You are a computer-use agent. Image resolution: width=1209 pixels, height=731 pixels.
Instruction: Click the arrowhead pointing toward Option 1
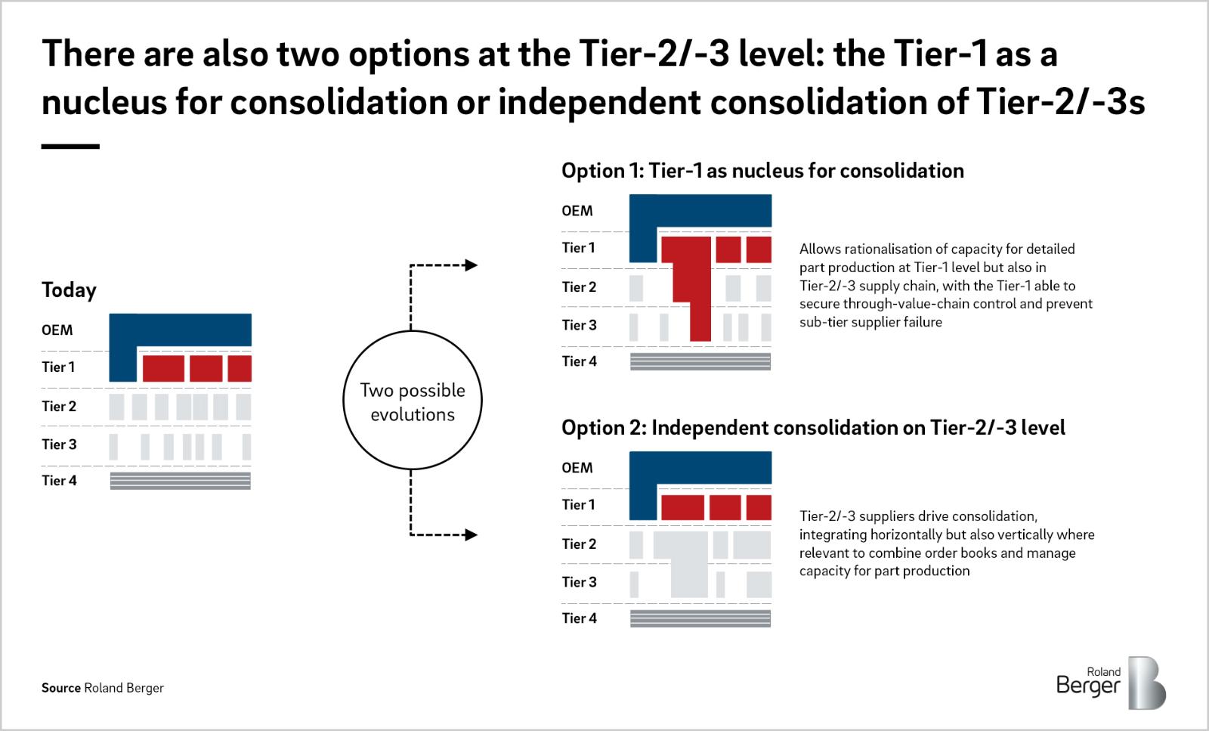[472, 265]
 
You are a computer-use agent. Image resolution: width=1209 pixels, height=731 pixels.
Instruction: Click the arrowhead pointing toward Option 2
[472, 534]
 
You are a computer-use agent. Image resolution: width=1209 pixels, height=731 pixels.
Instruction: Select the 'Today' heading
[69, 290]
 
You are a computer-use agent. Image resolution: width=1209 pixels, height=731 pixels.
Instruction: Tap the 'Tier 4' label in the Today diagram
[60, 481]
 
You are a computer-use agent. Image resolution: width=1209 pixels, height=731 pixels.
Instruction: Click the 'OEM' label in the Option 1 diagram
[577, 211]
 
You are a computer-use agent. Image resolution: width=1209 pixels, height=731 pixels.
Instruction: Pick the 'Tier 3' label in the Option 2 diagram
[579, 582]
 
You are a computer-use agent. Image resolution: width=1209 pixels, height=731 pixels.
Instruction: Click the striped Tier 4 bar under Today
[181, 481]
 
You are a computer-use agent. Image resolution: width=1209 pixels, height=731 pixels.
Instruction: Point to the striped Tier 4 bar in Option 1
[700, 361]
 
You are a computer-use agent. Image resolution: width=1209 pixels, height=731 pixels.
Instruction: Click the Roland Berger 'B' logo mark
[1147, 683]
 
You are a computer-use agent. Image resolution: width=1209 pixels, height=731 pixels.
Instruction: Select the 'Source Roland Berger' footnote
[103, 688]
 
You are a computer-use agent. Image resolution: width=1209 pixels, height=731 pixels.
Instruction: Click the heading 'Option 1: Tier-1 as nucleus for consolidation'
[762, 171]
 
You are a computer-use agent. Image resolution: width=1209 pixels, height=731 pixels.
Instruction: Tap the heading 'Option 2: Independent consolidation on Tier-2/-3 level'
[813, 428]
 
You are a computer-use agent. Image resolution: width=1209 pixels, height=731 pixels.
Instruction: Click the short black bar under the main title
[70, 147]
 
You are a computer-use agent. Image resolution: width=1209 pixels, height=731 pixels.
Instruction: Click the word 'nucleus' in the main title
[104, 102]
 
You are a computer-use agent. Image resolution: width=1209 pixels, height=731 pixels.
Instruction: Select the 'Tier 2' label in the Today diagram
[60, 406]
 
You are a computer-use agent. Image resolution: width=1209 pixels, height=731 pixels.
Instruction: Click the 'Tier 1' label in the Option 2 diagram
[579, 504]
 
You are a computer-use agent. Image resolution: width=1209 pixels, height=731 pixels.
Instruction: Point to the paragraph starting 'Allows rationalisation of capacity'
[945, 285]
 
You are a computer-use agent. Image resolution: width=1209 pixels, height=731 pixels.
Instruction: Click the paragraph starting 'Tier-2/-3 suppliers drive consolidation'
[947, 543]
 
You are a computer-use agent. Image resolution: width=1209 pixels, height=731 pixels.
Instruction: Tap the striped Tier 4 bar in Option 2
[700, 618]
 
